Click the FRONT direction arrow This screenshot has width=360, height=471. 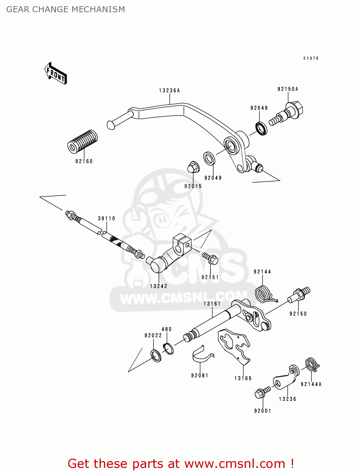pyautogui.click(x=56, y=73)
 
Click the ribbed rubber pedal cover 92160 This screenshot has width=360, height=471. pyautogui.click(x=83, y=142)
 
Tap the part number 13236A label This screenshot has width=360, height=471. pyautogui.click(x=169, y=91)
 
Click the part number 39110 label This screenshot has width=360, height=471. pyautogui.click(x=106, y=219)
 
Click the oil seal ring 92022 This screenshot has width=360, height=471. pyautogui.click(x=156, y=355)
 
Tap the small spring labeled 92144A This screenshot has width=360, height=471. pyautogui.click(x=312, y=364)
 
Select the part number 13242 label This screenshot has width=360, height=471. pyautogui.click(x=159, y=286)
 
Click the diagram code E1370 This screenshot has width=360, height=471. pyautogui.click(x=311, y=58)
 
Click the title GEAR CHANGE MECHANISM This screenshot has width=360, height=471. pyautogui.click(x=66, y=9)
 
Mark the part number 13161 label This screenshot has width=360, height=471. pyautogui.click(x=212, y=304)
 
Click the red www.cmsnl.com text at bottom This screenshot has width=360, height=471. pyautogui.click(x=235, y=464)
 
